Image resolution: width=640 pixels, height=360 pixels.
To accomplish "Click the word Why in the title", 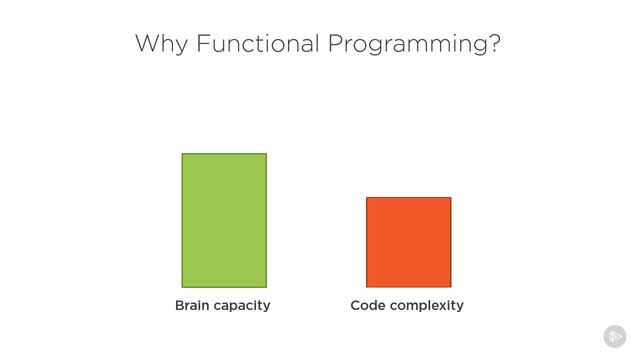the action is tap(162, 44).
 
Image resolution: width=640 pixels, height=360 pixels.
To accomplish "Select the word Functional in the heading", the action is tap(258, 43).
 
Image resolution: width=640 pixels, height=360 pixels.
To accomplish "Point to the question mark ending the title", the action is tap(494, 43).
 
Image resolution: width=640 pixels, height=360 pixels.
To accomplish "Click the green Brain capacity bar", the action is tap(224, 220).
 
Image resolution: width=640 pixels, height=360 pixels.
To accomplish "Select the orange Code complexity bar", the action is tap(409, 242).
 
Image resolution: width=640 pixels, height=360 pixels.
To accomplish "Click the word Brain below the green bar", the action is tap(192, 305).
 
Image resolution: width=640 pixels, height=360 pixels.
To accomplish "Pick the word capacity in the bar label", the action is tap(241, 306).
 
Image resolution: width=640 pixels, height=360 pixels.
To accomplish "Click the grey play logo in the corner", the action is tap(615, 336).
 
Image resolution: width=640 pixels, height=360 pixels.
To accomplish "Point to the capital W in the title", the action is tap(149, 43).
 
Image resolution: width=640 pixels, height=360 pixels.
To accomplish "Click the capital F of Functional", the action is tap(203, 43).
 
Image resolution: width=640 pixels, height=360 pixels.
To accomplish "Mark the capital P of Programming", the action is tap(336, 43).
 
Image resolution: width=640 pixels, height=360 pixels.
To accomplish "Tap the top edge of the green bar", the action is tap(224, 153).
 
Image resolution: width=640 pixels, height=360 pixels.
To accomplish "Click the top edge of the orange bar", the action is tap(409, 198).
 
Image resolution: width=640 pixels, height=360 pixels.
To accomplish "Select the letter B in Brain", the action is tap(180, 305).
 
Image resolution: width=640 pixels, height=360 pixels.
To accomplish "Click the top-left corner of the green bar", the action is tap(182, 153).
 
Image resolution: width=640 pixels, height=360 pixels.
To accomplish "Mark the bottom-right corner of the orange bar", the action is tap(451, 287).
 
